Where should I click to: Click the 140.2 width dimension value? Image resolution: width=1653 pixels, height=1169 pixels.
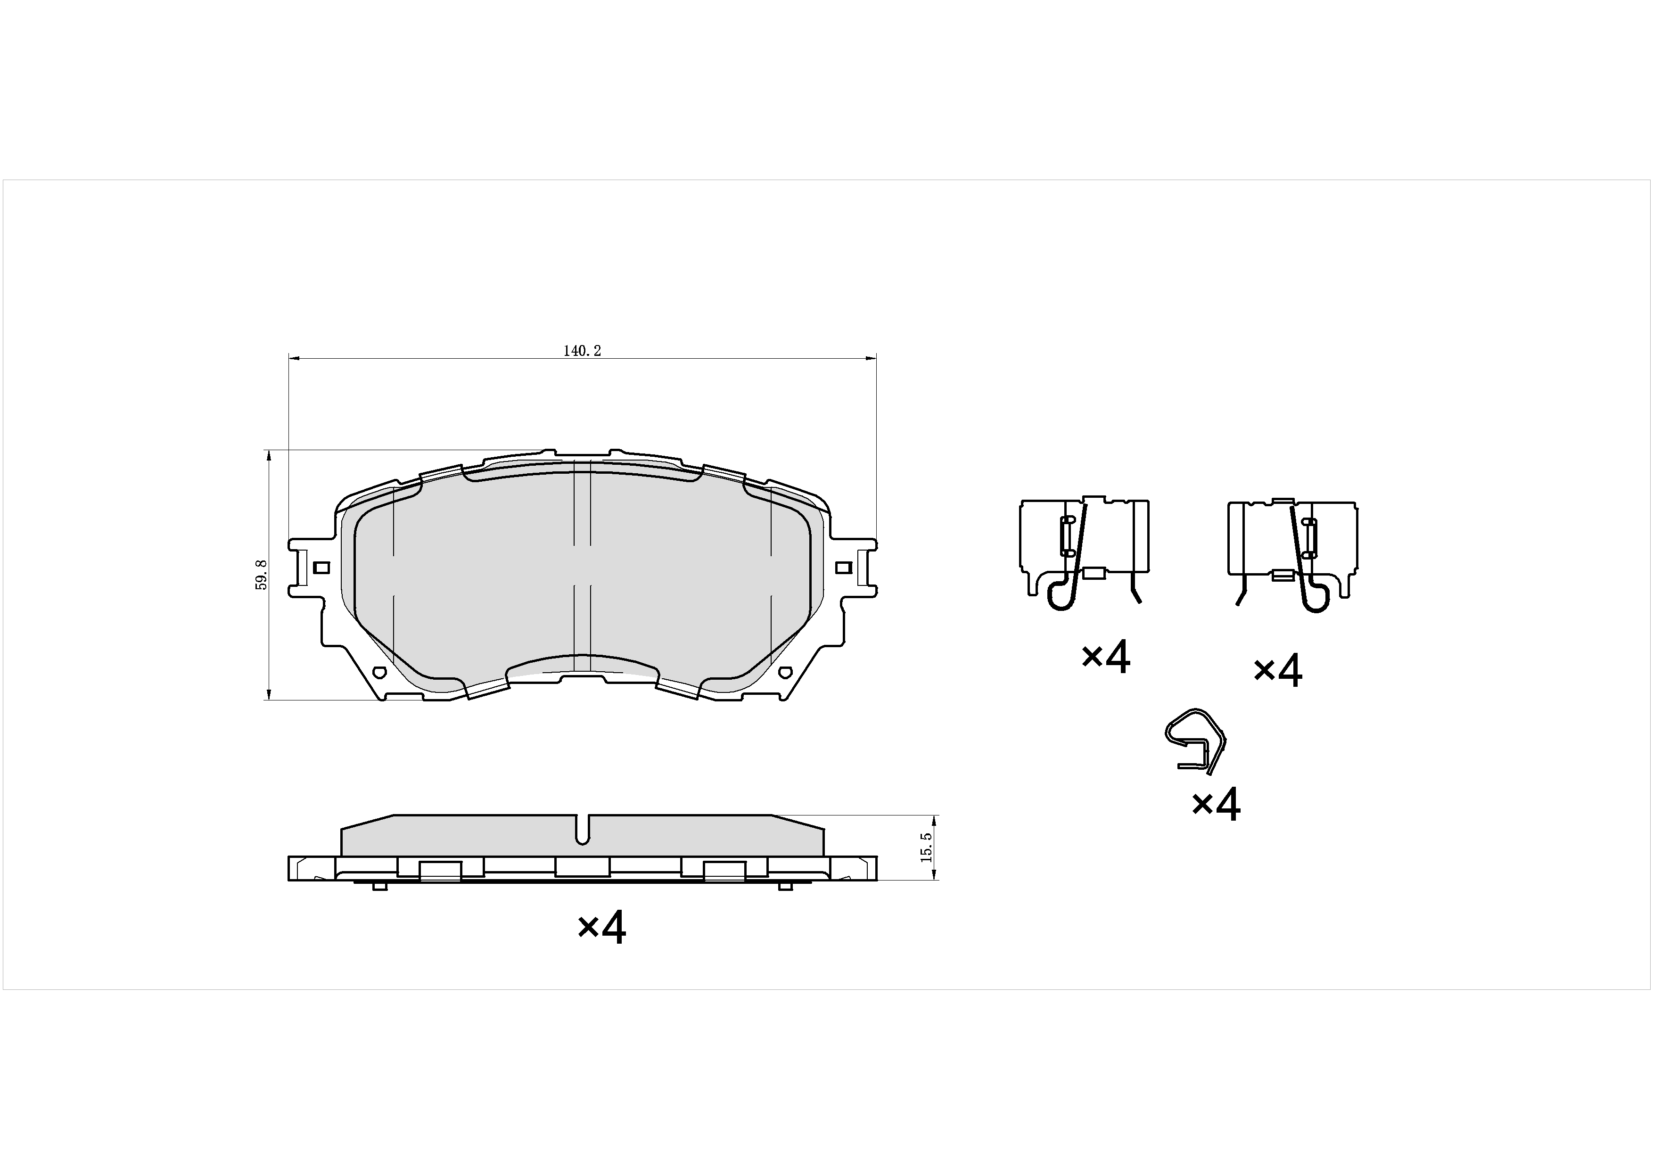click(582, 351)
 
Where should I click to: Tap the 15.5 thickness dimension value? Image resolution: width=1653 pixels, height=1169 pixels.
click(927, 847)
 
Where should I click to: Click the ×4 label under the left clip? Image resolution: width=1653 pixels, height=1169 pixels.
click(1106, 657)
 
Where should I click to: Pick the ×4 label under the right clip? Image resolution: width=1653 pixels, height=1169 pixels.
click(1278, 671)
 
